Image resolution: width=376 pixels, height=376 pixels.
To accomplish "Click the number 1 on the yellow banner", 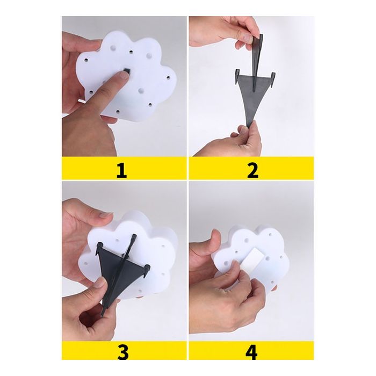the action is pos(121,171).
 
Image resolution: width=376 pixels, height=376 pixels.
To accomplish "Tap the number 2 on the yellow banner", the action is pos(252,171).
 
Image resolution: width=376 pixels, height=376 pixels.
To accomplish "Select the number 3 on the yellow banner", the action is pos(123,352).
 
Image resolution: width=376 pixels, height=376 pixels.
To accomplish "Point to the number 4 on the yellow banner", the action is pos(251,352).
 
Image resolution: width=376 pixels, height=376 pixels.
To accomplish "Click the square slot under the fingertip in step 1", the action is pos(126,70).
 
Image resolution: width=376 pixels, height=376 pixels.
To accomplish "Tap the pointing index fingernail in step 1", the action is pos(124,75).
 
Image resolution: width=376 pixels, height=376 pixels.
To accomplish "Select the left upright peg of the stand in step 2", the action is pos(237,76).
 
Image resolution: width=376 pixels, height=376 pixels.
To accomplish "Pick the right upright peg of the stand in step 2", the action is pos(273,78).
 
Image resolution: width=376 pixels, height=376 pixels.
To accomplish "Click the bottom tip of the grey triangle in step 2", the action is pos(249,126).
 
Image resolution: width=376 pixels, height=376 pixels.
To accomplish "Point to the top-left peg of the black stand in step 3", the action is pos(99,248).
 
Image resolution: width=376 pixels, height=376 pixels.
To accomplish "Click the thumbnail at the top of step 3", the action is pos(105,214).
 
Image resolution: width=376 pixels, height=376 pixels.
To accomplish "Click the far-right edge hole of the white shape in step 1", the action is pos(168,77).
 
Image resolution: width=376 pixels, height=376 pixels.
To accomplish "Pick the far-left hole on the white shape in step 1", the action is pos(86,59).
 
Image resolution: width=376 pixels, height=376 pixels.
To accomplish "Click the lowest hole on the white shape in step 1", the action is pos(118,111).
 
